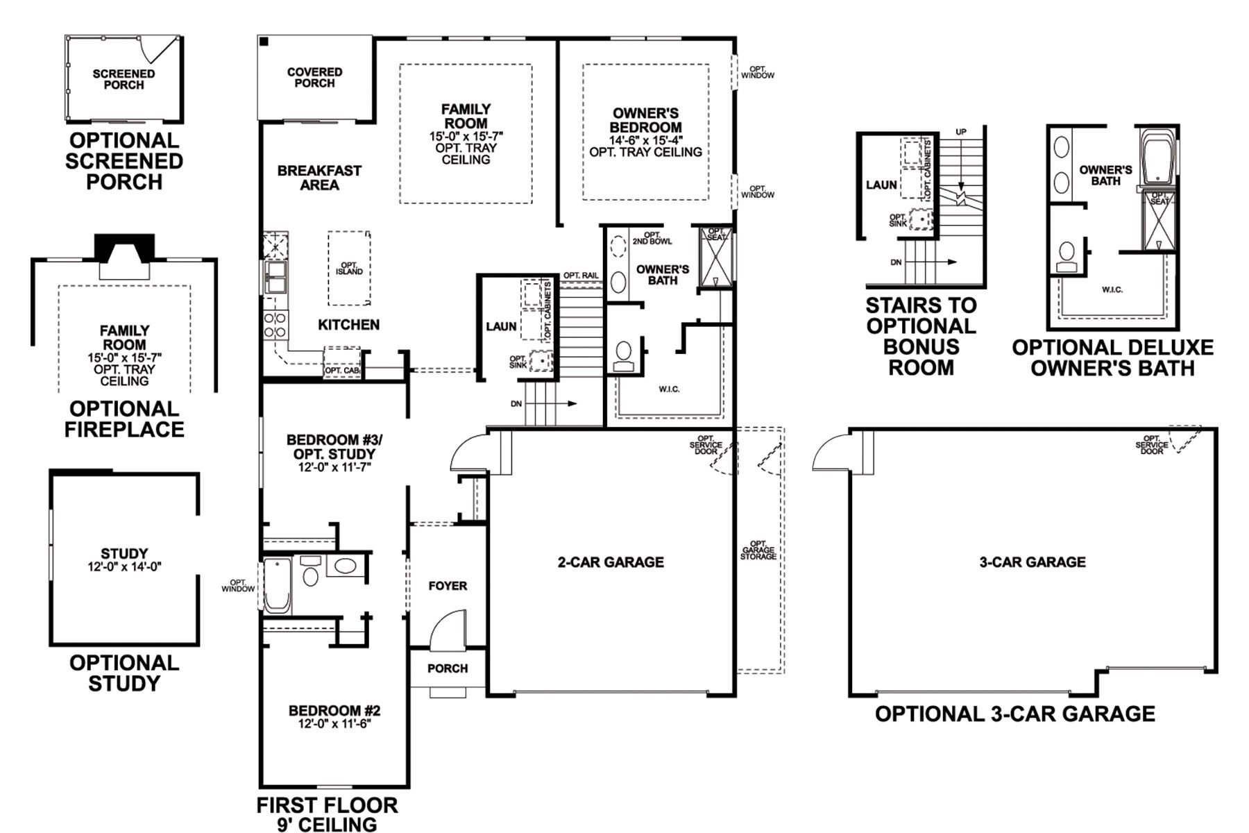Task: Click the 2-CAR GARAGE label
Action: click(x=611, y=562)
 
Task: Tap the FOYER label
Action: click(x=448, y=586)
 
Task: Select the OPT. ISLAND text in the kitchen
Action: click(x=349, y=269)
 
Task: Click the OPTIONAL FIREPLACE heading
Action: click(x=124, y=419)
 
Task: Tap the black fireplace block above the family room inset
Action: click(x=124, y=246)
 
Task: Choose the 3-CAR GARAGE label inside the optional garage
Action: click(x=1032, y=562)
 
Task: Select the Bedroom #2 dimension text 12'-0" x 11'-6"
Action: click(x=334, y=724)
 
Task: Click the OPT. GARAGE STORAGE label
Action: click(x=758, y=550)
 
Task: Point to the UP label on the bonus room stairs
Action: click(x=961, y=132)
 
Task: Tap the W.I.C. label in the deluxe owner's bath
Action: click(x=1112, y=289)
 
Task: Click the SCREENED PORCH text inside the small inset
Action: click(x=124, y=79)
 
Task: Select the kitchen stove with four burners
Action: click(x=275, y=324)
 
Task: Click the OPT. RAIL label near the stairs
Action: click(x=581, y=276)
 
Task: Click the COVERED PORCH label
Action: click(x=314, y=77)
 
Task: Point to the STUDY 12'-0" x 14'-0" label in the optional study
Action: click(x=124, y=559)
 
